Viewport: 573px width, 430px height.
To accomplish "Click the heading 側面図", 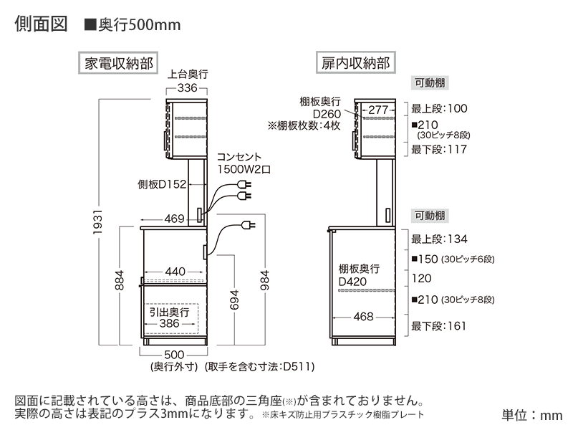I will (41, 24).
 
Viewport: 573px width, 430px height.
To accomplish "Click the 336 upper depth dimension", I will (186, 89).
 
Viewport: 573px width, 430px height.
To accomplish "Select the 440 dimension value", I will (175, 272).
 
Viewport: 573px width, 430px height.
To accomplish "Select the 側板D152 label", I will (162, 185).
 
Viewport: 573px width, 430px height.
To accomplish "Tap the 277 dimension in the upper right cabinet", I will (379, 110).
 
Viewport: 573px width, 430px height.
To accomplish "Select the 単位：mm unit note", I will (531, 415).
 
